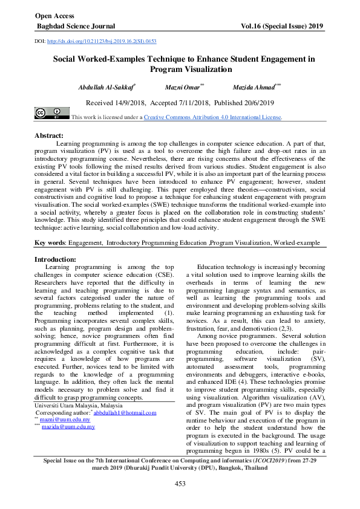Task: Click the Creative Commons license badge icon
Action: pyautogui.click(x=48, y=113)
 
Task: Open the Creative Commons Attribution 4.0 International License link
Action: pyautogui.click(x=212, y=117)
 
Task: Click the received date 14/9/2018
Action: pyautogui.click(x=128, y=103)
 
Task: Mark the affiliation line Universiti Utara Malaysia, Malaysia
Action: pyautogui.click(x=78, y=406)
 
